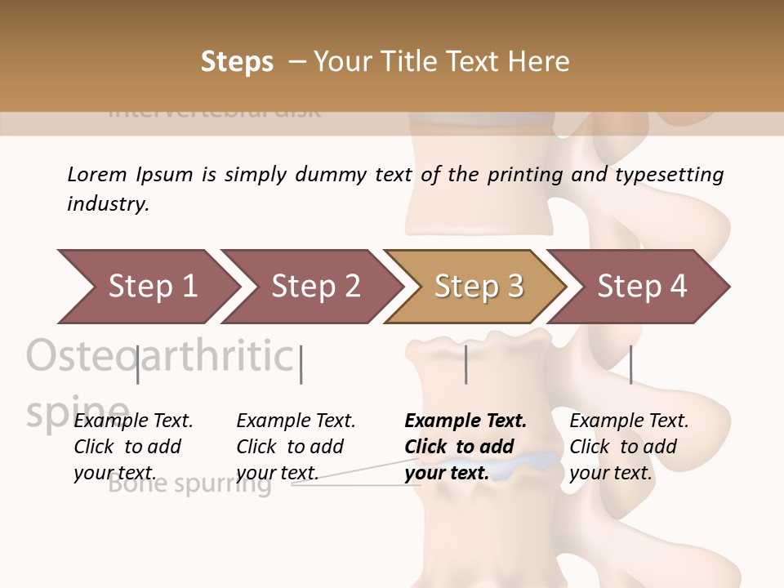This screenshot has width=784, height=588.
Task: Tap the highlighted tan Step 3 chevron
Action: [x=479, y=287]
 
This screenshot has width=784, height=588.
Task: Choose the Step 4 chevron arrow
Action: [x=642, y=287]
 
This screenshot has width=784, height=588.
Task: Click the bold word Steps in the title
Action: [x=237, y=62]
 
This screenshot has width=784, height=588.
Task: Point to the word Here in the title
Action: [x=538, y=62]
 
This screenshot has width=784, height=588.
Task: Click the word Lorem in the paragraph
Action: [x=97, y=174]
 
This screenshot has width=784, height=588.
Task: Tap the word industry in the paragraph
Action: [x=108, y=203]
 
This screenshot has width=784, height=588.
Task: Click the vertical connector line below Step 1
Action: [x=138, y=364]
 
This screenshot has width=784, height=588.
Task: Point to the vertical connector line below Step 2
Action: [x=301, y=364]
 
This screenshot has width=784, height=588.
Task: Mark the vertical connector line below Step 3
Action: [x=466, y=364]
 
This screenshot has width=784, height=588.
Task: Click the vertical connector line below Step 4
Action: [x=630, y=364]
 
